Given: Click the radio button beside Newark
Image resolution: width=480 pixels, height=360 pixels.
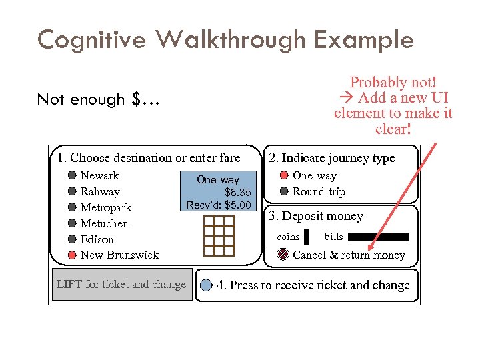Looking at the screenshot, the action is [x=72, y=176].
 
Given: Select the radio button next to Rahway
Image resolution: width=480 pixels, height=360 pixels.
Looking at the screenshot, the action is [x=72, y=192].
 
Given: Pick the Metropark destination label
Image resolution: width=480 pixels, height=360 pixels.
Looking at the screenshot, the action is [x=105, y=208].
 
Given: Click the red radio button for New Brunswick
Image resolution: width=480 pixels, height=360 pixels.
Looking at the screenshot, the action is [x=72, y=255].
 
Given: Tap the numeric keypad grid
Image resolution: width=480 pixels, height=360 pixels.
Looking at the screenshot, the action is [x=219, y=231].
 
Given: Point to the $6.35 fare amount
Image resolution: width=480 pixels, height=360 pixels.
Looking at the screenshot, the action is [x=237, y=192].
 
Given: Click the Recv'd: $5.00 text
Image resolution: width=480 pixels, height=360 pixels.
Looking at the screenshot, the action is [x=219, y=205].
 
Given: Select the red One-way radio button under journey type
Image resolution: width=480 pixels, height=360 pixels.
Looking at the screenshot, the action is [x=284, y=176].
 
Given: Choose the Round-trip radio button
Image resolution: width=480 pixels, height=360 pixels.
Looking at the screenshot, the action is [x=284, y=192].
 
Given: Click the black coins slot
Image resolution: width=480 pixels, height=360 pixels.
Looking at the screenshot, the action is [x=306, y=237].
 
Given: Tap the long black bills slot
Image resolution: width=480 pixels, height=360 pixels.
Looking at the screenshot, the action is [x=378, y=237].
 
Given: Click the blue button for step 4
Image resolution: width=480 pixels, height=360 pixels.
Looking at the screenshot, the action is [x=206, y=285].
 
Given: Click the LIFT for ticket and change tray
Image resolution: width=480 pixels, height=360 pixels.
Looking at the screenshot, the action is [x=121, y=285].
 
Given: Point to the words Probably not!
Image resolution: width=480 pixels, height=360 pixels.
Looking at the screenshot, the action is [x=393, y=83].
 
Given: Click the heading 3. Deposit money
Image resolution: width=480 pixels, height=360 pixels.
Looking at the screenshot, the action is [x=315, y=216].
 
